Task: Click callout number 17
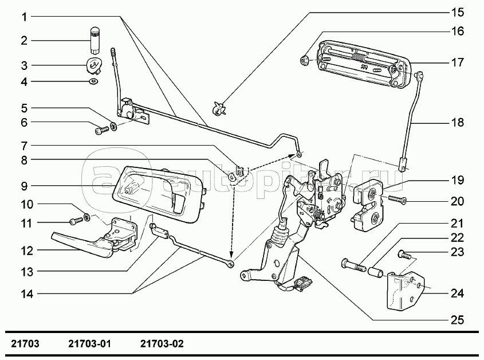[x=457, y=62]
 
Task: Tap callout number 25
[x=457, y=320]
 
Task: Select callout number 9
[x=24, y=186]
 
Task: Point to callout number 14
[x=24, y=295]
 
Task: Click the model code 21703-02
[x=162, y=345]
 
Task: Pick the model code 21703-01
[x=89, y=345]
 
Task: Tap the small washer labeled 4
[x=93, y=82]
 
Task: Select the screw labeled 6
[x=101, y=131]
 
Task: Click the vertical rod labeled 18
[x=412, y=120]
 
